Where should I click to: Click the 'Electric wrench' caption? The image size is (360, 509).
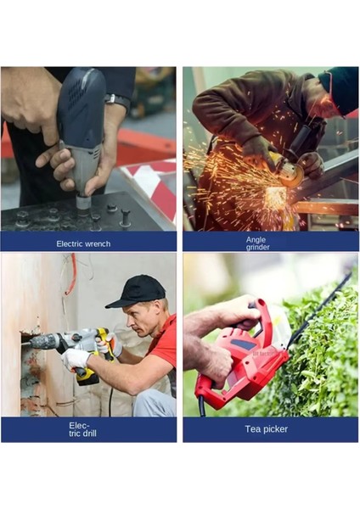[83, 243]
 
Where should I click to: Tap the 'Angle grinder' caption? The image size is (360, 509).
[256, 243]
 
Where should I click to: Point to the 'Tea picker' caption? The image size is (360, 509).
[267, 429]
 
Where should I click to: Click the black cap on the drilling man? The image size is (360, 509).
[137, 291]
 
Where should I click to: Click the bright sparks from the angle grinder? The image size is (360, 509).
[225, 182]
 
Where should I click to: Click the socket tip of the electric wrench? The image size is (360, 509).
[82, 203]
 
